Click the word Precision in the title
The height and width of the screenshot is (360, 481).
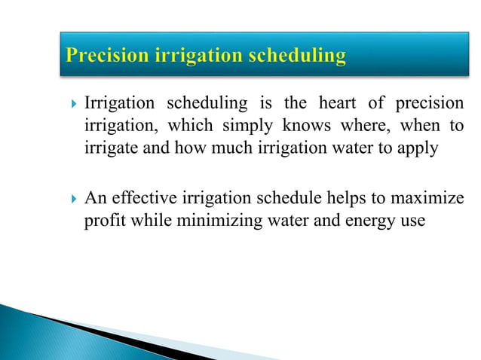(x=105, y=56)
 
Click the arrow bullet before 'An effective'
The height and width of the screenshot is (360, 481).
(x=72, y=200)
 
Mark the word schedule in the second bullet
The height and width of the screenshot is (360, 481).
(x=268, y=199)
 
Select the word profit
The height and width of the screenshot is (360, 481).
(x=103, y=221)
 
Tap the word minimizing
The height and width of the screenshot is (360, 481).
(x=207, y=221)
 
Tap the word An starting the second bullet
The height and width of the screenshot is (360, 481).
(x=95, y=199)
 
